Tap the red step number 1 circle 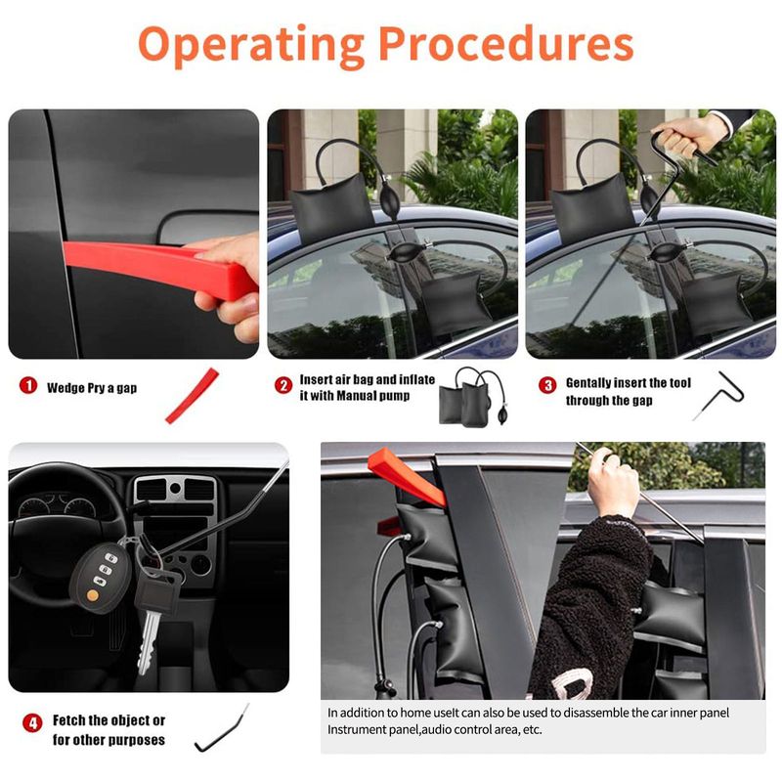click(28, 385)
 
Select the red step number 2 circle click(283, 384)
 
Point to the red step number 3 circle click(547, 384)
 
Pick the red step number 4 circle click(32, 722)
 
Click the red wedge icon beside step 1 click(192, 396)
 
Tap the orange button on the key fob click(92, 595)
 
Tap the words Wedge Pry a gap click(92, 388)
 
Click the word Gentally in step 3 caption click(588, 383)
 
